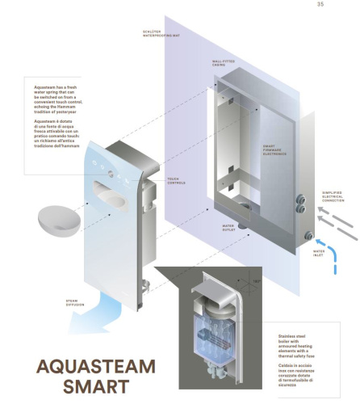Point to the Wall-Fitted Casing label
224,61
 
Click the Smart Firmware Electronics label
274,149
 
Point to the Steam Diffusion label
77,302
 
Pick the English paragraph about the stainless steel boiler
309,339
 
